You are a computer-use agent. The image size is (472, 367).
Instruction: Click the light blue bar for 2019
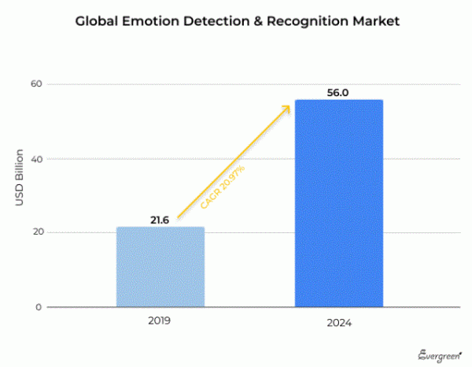coord(160,267)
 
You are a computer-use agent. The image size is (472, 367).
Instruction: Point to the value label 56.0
coord(337,92)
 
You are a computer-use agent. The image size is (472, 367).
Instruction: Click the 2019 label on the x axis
coord(159,321)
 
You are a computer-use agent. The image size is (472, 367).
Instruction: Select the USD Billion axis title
coord(20,178)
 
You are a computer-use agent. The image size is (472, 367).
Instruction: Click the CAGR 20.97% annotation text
coord(223,187)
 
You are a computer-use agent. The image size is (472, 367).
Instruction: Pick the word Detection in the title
coord(215,21)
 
